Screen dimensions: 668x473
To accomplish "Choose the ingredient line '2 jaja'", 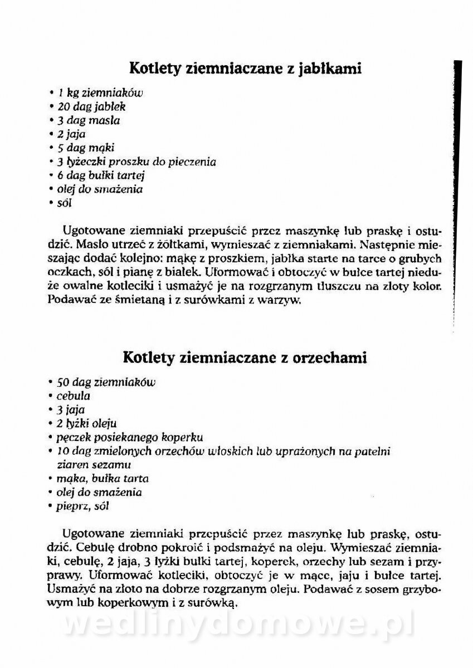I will point(71,134).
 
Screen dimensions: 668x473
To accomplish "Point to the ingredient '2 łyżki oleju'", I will point(86,424).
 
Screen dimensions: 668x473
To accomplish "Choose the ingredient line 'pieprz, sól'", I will point(82,506).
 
